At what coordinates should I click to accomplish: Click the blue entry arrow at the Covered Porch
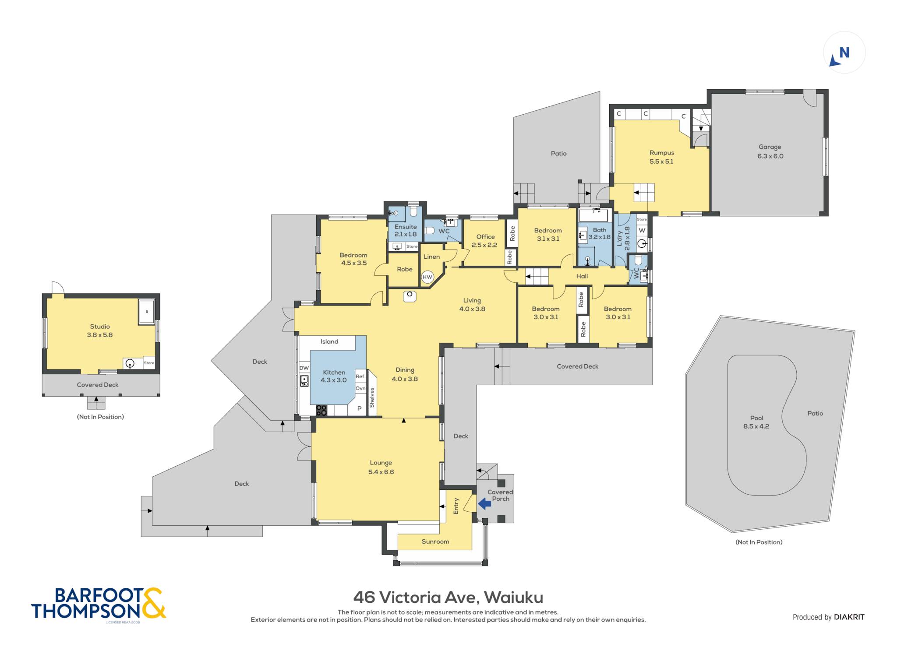click(x=484, y=504)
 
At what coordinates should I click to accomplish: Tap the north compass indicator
click(x=844, y=53)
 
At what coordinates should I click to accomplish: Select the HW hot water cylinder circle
click(x=427, y=277)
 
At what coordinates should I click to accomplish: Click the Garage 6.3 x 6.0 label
click(x=770, y=151)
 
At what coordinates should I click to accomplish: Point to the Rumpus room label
click(x=661, y=157)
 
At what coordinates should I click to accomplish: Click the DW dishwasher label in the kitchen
click(x=304, y=368)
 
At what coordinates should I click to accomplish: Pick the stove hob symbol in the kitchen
click(x=321, y=410)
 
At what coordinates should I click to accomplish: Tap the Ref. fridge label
click(x=360, y=376)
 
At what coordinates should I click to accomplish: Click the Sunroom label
click(x=435, y=541)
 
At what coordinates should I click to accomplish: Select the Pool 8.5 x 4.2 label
click(x=756, y=422)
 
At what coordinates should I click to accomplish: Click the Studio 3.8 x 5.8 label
click(x=100, y=331)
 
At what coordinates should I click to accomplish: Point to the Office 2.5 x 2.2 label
click(x=485, y=241)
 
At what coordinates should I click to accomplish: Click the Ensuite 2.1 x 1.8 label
click(x=406, y=230)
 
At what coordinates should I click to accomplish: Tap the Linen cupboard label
click(x=431, y=257)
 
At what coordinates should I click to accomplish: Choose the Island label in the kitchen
click(x=329, y=341)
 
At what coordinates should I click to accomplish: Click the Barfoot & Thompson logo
click(x=99, y=604)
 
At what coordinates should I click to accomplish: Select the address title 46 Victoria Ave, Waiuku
click(x=448, y=597)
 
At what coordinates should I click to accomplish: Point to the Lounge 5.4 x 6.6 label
click(x=381, y=467)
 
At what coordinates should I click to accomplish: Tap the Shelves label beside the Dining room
click(x=372, y=397)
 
